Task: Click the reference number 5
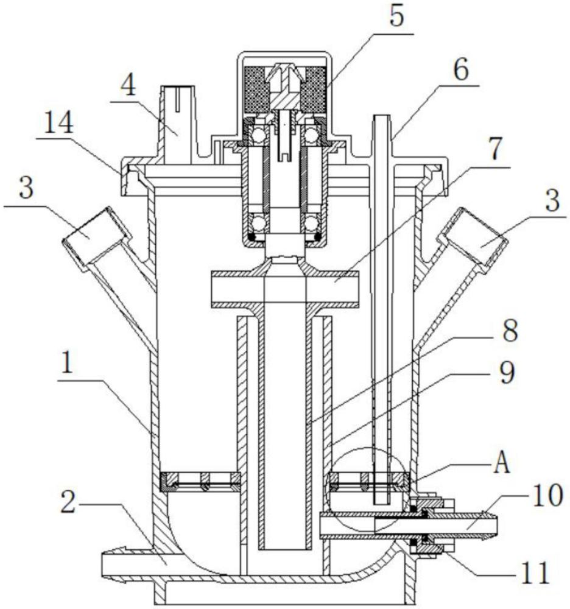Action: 396,16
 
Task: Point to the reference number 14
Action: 58,123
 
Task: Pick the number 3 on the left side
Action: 26,188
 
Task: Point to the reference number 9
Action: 507,371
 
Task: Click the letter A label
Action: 501,463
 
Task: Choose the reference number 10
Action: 547,495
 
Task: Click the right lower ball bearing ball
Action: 311,224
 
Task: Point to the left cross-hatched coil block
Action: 256,88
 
